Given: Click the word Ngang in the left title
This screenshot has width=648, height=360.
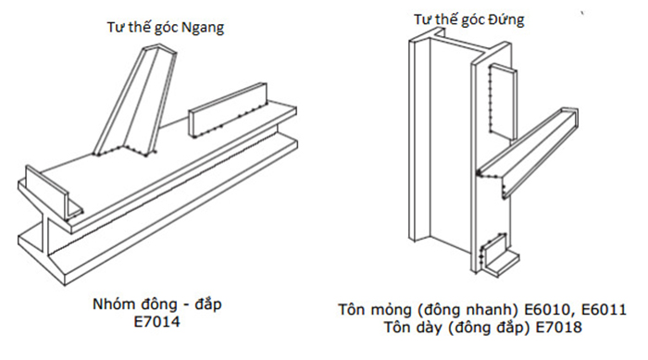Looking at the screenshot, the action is tap(203, 28).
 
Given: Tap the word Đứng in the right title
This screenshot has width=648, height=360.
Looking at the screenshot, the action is tap(506, 19).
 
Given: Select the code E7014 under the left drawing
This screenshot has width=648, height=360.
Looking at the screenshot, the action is tap(157, 321).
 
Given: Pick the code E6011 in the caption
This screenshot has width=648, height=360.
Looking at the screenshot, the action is tap(604, 309).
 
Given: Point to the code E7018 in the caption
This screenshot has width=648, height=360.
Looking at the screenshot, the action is tap(559, 327).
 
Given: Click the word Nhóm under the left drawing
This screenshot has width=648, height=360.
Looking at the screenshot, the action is tap(114, 304).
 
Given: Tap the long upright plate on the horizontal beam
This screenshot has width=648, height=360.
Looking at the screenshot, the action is tap(228, 110).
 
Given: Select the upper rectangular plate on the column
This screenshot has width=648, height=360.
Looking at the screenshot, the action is tap(502, 101).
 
